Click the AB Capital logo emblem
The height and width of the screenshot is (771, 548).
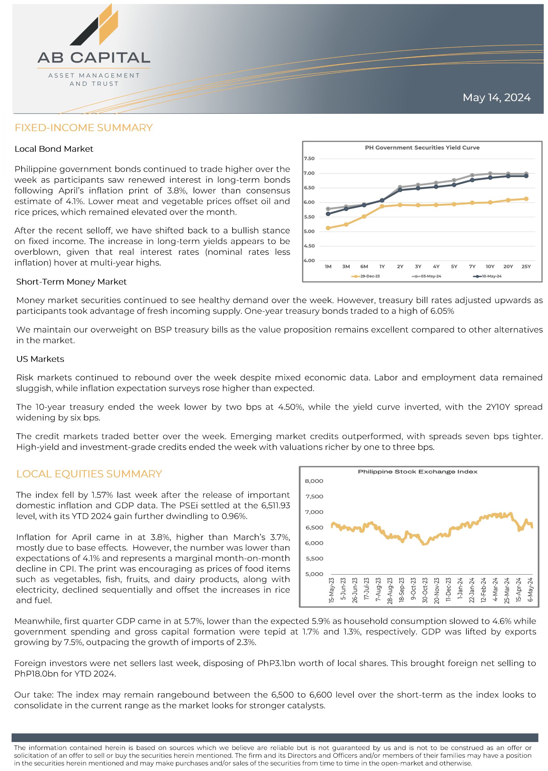click(x=94, y=25)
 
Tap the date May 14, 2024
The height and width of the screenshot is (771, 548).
click(x=496, y=98)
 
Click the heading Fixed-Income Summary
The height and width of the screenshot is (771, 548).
click(x=84, y=128)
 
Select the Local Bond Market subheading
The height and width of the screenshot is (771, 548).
click(x=54, y=149)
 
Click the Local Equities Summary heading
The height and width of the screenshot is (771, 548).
click(x=89, y=474)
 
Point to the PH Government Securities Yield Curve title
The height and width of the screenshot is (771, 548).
click(x=422, y=147)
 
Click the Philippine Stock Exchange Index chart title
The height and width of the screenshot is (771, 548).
click(x=417, y=471)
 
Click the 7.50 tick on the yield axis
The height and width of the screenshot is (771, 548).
click(x=309, y=158)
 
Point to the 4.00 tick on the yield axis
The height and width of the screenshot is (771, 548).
click(x=309, y=260)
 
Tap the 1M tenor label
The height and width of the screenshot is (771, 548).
click(x=328, y=267)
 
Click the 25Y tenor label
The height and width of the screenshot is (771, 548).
click(x=526, y=267)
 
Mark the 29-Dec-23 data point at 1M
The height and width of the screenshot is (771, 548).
click(x=328, y=228)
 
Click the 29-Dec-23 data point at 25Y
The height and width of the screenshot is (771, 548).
click(x=526, y=199)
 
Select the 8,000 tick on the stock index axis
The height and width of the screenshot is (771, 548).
click(x=314, y=481)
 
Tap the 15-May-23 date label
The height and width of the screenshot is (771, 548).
click(x=331, y=590)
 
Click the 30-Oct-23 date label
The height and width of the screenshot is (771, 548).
click(x=425, y=590)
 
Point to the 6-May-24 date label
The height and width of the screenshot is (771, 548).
click(x=530, y=589)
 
